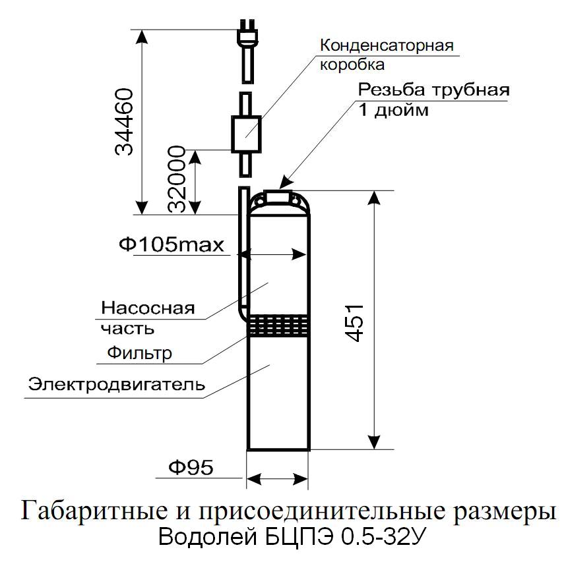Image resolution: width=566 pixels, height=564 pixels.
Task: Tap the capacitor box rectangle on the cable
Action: coord(246,134)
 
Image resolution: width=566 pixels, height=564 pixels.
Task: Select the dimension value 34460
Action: coord(124,122)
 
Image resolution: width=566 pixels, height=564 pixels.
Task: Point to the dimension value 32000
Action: coord(177,179)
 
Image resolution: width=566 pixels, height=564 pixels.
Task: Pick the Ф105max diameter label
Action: coord(172,245)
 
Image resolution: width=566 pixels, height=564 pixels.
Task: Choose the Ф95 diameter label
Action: coord(191,467)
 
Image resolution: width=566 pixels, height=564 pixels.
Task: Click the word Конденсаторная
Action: coord(387,46)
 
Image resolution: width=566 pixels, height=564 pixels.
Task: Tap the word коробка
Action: coord(352,65)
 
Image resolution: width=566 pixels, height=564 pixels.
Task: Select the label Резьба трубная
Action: coord(433,90)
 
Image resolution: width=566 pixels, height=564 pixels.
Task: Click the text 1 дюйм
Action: coord(393,109)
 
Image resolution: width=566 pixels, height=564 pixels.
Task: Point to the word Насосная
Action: coord(148,308)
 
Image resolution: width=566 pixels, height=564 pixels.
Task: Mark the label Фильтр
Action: coord(140,352)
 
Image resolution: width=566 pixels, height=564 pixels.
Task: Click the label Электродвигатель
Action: coord(117,384)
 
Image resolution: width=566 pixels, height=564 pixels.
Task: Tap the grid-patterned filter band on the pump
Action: coord(278,325)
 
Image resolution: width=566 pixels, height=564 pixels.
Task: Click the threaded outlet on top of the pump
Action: coord(278,195)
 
